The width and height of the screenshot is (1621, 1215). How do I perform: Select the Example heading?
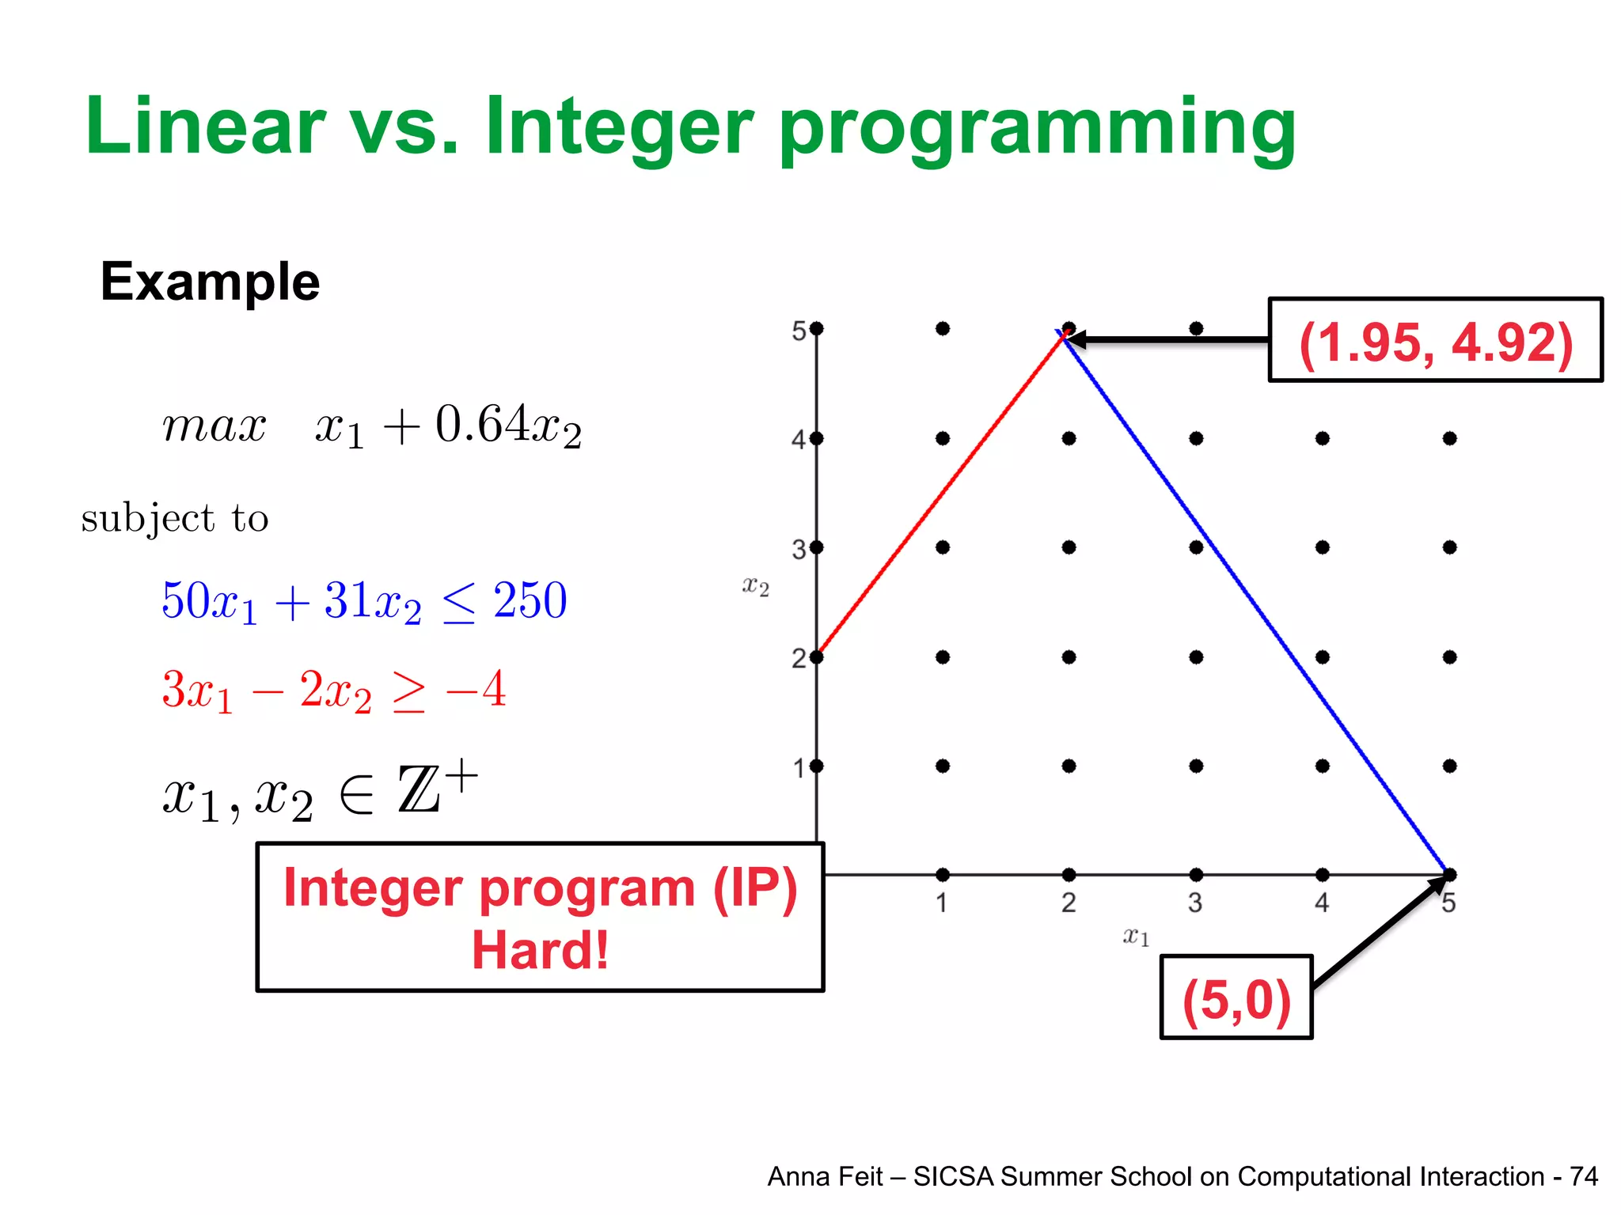click(x=210, y=282)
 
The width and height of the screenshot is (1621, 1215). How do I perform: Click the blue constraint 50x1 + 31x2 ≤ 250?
click(x=364, y=601)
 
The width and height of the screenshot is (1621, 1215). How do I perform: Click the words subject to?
click(x=175, y=519)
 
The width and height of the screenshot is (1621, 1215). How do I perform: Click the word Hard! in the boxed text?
click(x=540, y=950)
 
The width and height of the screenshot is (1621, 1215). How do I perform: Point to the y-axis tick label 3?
click(x=799, y=549)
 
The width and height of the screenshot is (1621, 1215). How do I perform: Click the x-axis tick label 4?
click(x=1322, y=903)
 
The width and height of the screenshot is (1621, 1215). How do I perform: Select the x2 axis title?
click(x=755, y=586)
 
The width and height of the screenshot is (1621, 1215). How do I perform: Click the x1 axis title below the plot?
click(x=1136, y=937)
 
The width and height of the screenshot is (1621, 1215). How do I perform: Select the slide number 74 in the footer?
click(x=1584, y=1177)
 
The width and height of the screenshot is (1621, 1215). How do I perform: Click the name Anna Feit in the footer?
click(x=825, y=1177)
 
